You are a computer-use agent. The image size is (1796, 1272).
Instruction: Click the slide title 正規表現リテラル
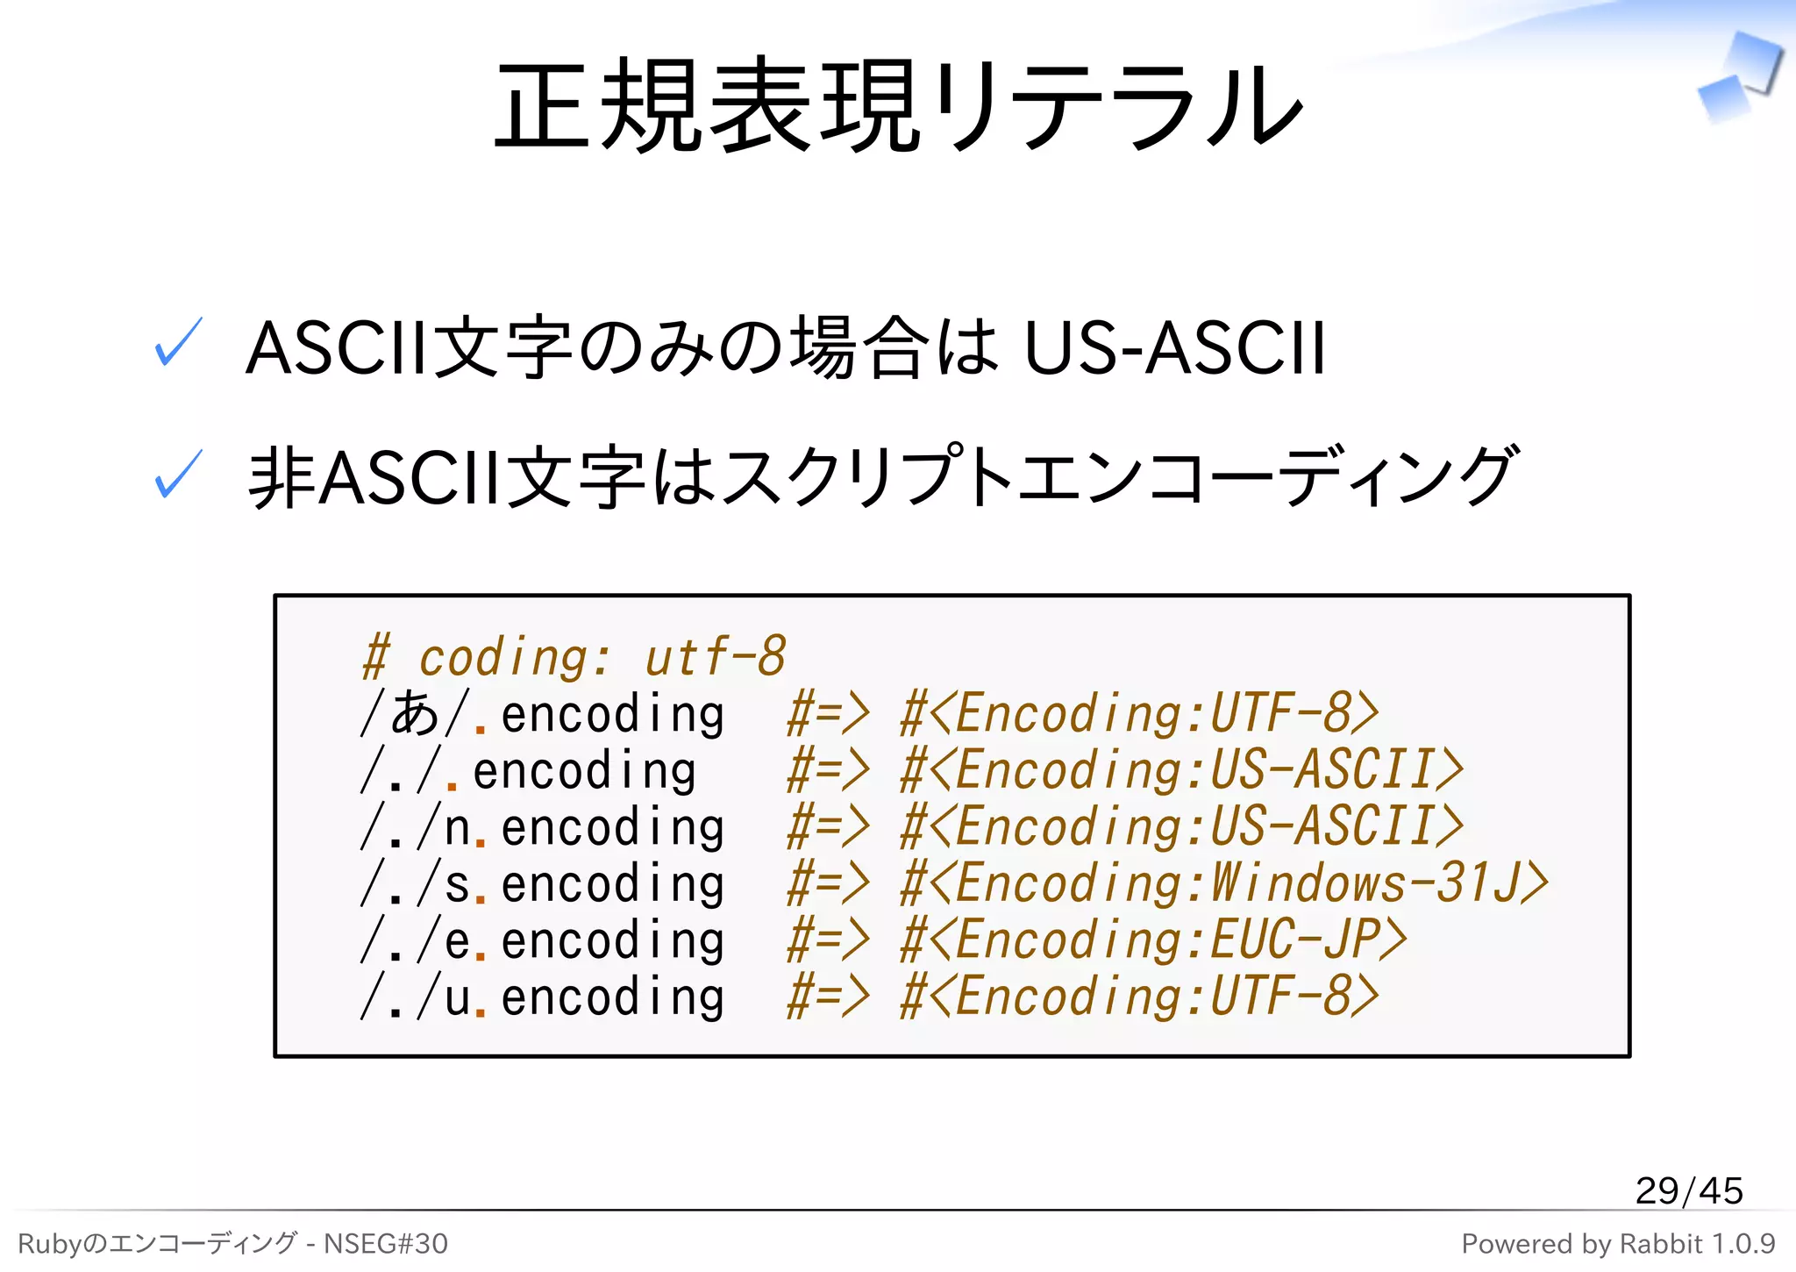(898, 105)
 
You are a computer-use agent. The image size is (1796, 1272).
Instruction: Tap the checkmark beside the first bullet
(178, 342)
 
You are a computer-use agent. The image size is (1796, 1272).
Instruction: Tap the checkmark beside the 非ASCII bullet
(178, 474)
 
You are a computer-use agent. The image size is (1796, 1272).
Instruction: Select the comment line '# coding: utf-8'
(574, 657)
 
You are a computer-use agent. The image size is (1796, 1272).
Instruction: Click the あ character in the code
(415, 713)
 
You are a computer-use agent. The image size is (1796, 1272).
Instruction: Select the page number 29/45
(1688, 1190)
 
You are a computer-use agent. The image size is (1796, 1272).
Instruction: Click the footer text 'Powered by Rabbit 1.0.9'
(1617, 1243)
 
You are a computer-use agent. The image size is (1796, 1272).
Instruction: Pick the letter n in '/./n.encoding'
(457, 828)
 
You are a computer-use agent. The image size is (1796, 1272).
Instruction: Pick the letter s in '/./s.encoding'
(457, 884)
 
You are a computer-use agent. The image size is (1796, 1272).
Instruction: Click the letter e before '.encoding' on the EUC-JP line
(457, 941)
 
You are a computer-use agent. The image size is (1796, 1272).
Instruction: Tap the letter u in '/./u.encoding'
(457, 998)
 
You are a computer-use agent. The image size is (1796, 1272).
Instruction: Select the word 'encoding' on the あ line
(612, 714)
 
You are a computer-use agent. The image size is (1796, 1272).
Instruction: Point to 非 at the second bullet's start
(281, 477)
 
